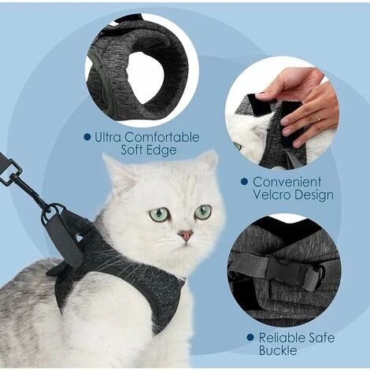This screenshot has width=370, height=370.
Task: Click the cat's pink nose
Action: (186, 235)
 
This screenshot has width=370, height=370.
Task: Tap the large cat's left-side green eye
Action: (159, 213)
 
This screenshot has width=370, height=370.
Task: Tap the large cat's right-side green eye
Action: (203, 212)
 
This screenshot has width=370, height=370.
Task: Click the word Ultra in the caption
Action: (107, 137)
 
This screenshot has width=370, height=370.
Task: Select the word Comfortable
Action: (162, 137)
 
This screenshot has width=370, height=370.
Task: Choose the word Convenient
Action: (287, 182)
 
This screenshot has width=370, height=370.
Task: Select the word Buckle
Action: (278, 350)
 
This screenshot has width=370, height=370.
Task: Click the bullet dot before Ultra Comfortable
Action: (87, 137)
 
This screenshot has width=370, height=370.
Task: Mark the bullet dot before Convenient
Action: (244, 182)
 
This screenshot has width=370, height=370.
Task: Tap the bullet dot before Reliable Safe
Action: (250, 338)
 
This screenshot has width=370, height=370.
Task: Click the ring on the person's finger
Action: (318, 117)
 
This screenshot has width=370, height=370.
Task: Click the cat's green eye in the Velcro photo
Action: (238, 146)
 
